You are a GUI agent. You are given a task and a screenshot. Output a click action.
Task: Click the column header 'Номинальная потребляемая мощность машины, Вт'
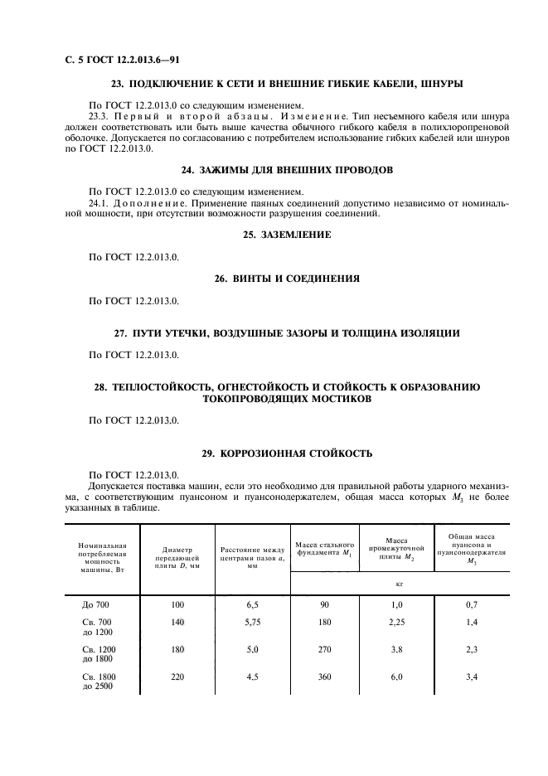(x=102, y=558)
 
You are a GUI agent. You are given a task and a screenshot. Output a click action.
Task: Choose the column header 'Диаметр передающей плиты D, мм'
(x=177, y=558)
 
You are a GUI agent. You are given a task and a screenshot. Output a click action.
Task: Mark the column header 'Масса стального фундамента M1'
(x=324, y=548)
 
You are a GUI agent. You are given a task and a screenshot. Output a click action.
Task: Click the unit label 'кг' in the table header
(x=400, y=584)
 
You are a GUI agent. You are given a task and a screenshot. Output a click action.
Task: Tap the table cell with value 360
(x=324, y=678)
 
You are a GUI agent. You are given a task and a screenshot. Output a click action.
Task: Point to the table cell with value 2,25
(x=395, y=622)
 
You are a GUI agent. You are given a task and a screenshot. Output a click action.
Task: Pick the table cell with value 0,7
(x=472, y=605)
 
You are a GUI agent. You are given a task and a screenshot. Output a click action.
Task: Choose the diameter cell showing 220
(x=177, y=678)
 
